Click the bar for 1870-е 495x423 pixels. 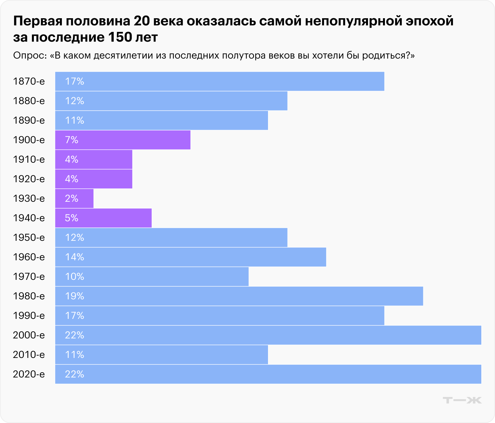(219, 81)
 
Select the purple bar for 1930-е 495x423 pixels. (74, 198)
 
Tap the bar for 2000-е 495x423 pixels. (268, 335)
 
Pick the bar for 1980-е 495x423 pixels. (239, 296)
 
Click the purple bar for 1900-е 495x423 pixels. (123, 140)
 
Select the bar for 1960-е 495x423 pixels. (191, 257)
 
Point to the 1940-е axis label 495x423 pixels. (29, 218)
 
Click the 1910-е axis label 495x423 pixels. (29, 159)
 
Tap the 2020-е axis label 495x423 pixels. (29, 374)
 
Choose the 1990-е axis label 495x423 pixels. (29, 316)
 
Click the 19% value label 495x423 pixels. (75, 296)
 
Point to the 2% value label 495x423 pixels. (72, 198)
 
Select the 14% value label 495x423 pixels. (75, 257)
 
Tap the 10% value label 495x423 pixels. (75, 277)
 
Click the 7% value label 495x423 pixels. (72, 140)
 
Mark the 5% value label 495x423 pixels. (72, 218)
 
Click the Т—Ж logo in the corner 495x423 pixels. (462, 400)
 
